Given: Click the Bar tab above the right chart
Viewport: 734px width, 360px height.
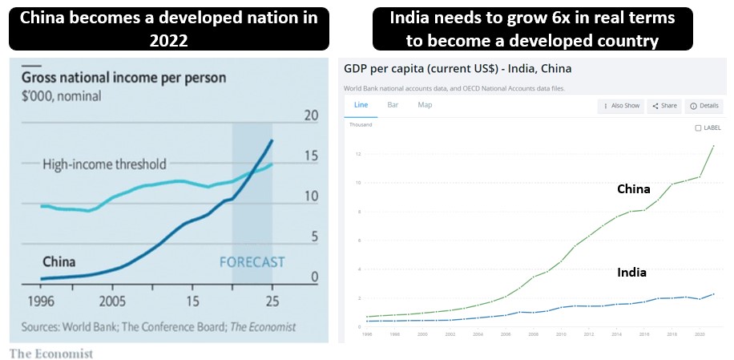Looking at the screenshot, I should coord(393,105).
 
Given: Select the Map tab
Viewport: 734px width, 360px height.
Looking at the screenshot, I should coord(425,105).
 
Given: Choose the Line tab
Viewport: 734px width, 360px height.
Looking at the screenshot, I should coord(361,105).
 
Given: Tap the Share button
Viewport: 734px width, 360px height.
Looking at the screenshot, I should coord(664,106).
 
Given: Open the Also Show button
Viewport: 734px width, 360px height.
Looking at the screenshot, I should coord(621,106).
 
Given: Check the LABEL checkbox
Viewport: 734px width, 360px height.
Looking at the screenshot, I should coord(698,127).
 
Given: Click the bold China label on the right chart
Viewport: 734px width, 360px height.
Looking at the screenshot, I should coord(633,190).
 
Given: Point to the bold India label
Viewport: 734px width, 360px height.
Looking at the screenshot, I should coord(631,273).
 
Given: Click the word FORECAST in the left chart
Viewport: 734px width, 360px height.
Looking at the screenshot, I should coord(252,262).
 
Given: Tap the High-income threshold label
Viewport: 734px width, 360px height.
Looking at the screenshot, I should coord(104,164).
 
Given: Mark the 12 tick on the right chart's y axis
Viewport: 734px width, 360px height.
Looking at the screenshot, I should coord(359,154).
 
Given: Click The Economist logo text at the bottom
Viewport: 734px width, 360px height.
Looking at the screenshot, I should coord(51,354).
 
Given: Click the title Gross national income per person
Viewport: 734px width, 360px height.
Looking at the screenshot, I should coord(123,79).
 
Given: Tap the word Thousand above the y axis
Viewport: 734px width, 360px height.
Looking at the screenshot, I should coord(360,124).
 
